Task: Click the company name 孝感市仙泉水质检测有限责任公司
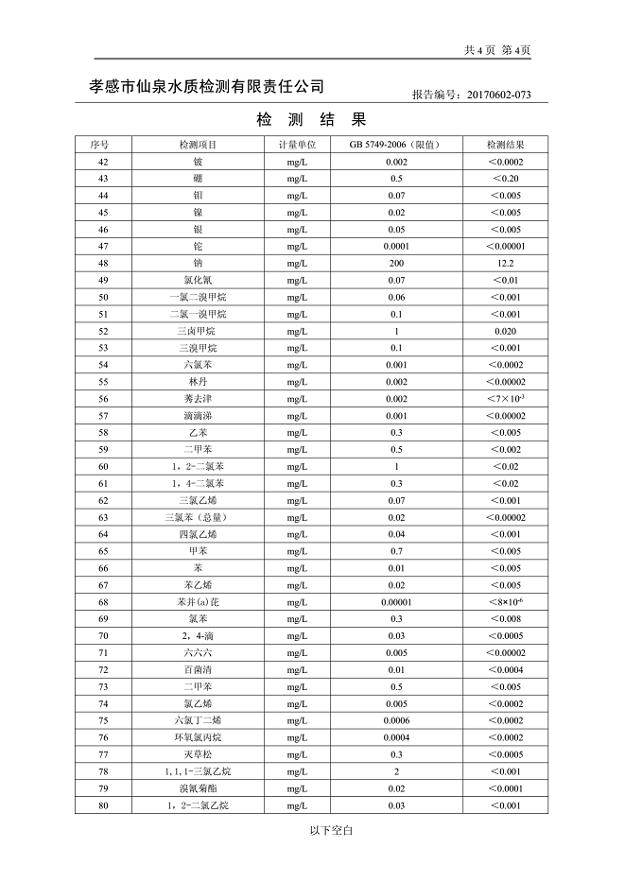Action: pyautogui.click(x=207, y=86)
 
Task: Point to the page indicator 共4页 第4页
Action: pyautogui.click(x=497, y=50)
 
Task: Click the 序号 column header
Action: pyautogui.click(x=100, y=145)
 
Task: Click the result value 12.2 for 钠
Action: pyautogui.click(x=505, y=263)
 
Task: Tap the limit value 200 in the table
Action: pyautogui.click(x=396, y=263)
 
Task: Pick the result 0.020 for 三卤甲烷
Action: pyautogui.click(x=505, y=331)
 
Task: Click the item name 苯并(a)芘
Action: pyautogui.click(x=198, y=602)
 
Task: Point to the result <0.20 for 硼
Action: pyautogui.click(x=505, y=179)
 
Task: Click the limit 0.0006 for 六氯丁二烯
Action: pyautogui.click(x=396, y=720)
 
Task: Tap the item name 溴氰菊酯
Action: pyautogui.click(x=198, y=788)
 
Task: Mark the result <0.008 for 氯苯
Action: pyautogui.click(x=505, y=619)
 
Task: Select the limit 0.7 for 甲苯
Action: pyautogui.click(x=396, y=551)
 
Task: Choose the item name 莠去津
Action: pyautogui.click(x=198, y=399)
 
